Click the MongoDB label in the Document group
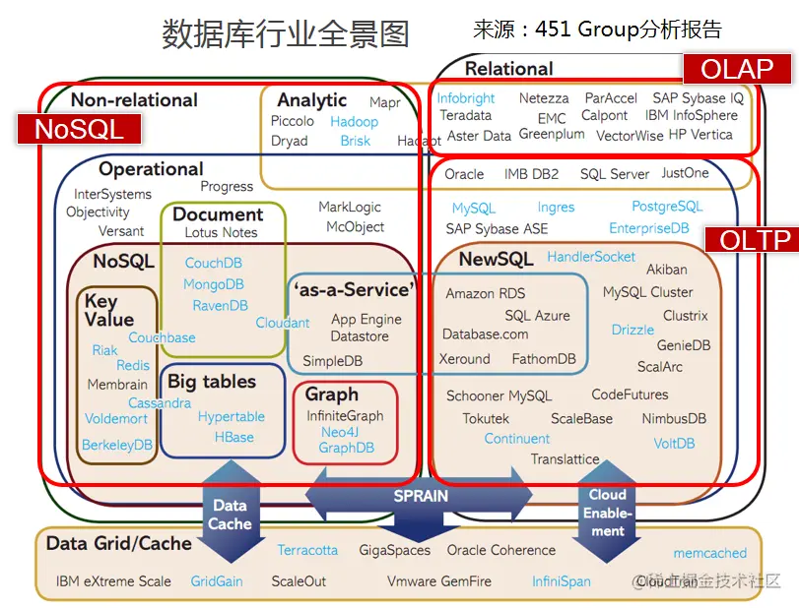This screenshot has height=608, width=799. click(x=214, y=284)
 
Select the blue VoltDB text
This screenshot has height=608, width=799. click(x=674, y=444)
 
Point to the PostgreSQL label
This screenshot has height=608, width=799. click(x=667, y=207)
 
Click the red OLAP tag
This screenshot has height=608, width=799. click(x=736, y=70)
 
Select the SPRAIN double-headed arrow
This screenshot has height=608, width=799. click(x=421, y=497)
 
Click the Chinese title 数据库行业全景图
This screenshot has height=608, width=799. click(x=286, y=34)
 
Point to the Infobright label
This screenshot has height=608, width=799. click(x=466, y=98)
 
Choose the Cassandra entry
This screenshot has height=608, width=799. click(x=160, y=402)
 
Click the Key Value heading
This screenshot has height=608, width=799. click(x=108, y=311)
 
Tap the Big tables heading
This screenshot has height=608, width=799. click(x=211, y=382)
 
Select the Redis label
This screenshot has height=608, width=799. click(x=133, y=366)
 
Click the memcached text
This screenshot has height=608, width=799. click(x=709, y=553)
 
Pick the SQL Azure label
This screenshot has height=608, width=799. click(x=537, y=316)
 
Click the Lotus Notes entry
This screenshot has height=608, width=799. click(x=221, y=232)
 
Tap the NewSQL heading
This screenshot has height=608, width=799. click(x=497, y=259)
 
